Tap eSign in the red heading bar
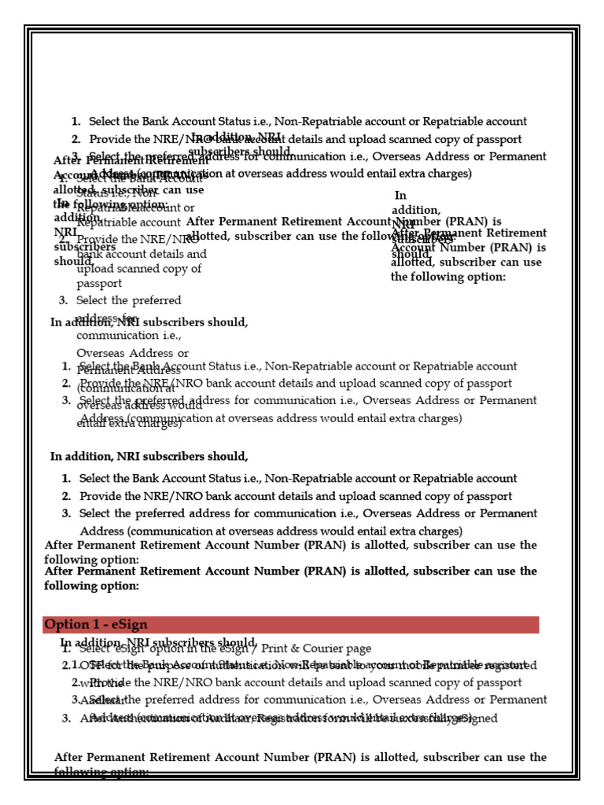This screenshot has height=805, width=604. point(125,625)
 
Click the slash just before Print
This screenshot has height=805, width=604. point(234,649)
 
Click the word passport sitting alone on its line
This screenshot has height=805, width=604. point(99,284)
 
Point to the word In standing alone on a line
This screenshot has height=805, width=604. point(401,196)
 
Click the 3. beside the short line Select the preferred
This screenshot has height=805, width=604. point(64,300)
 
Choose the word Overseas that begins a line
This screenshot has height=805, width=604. point(99,354)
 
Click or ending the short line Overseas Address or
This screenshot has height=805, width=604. point(182,354)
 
